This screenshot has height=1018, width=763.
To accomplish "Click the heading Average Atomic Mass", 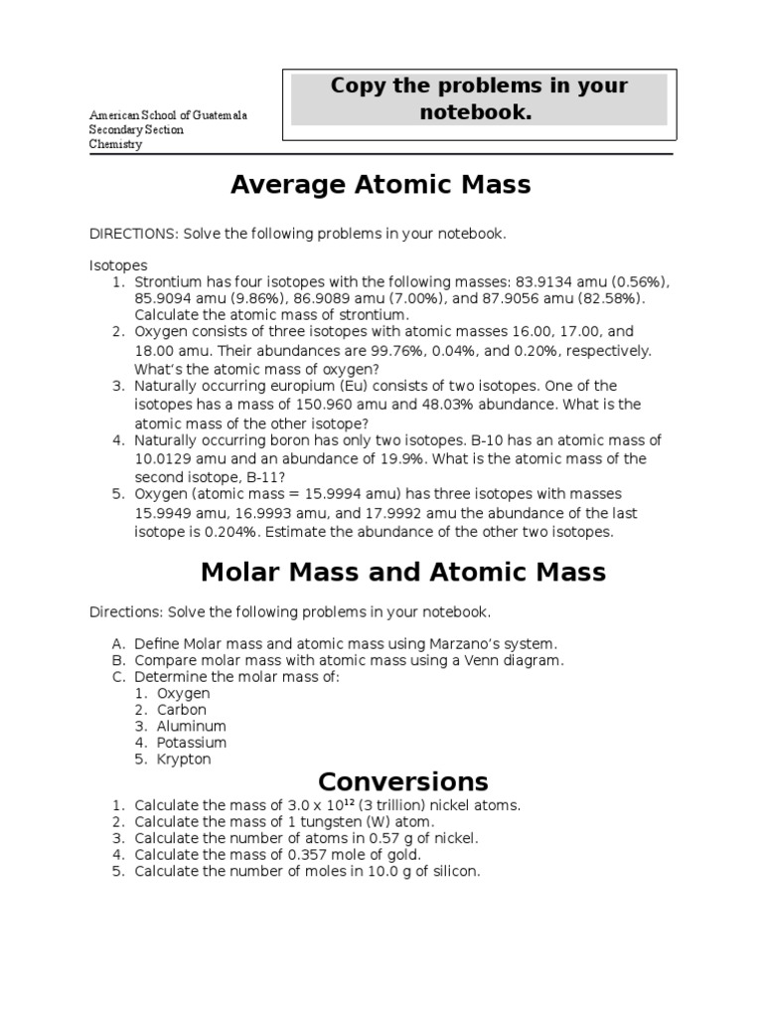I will click(x=381, y=185).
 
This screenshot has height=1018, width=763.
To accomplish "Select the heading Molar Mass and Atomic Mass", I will click(x=402, y=572).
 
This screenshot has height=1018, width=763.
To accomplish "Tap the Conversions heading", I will click(x=402, y=780).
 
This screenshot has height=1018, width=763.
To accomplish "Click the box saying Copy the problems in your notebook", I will click(x=479, y=99).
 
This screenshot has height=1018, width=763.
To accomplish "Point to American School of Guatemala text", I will click(x=168, y=116).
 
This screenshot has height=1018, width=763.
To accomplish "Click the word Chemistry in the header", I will click(x=116, y=144).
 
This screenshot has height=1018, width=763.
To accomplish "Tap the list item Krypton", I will click(x=184, y=760).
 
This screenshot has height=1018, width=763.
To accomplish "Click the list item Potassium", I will click(x=192, y=743).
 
